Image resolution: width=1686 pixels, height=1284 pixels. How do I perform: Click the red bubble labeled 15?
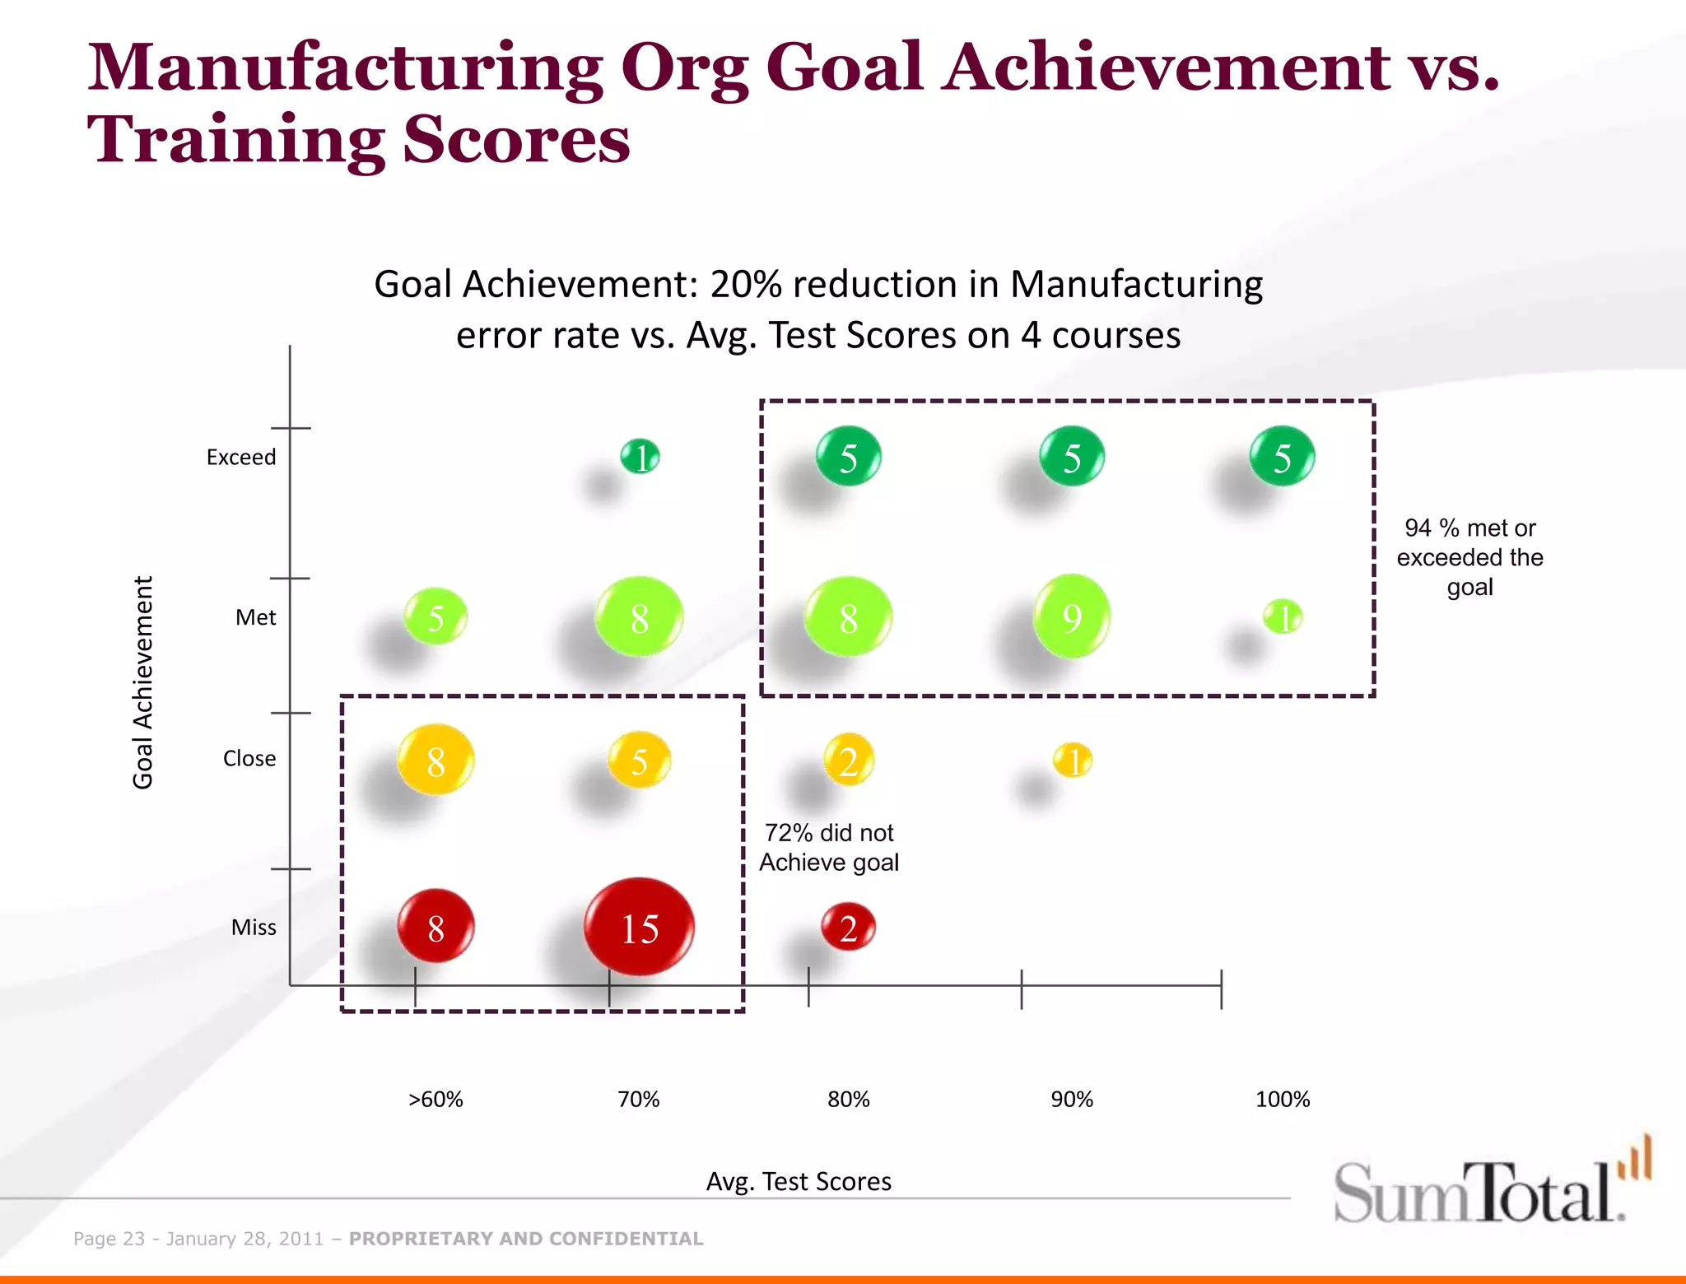[x=640, y=928]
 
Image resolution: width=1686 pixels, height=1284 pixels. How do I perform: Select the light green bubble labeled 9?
[x=1071, y=616]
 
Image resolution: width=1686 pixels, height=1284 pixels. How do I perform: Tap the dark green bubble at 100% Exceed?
[x=1282, y=457]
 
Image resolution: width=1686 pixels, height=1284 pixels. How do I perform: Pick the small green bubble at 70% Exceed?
[x=640, y=457]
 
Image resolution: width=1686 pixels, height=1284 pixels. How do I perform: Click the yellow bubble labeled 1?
[x=1073, y=761]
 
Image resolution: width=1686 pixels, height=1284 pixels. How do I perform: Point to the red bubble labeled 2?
[x=848, y=928]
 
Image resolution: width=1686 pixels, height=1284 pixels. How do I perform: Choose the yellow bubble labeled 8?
[x=435, y=760]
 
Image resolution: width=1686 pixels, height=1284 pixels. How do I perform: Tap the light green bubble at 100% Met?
[x=1283, y=616]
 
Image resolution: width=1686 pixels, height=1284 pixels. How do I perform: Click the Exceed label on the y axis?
[x=241, y=457]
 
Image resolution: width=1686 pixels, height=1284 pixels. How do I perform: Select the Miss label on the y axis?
[x=254, y=928]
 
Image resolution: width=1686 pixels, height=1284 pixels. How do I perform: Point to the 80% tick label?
[x=848, y=1100]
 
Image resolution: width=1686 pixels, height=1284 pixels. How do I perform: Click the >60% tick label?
[x=435, y=1100]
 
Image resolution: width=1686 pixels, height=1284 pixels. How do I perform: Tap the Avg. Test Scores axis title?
[x=799, y=1181]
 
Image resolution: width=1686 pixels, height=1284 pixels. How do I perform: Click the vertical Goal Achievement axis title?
[x=143, y=682]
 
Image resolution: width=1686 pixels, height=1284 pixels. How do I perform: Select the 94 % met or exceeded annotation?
[x=1469, y=557]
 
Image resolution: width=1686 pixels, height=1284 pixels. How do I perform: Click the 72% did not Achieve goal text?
[x=829, y=848]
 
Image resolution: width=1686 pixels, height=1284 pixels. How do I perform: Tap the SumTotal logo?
[x=1490, y=1185]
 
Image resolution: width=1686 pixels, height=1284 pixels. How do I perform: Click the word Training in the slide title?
[x=235, y=140]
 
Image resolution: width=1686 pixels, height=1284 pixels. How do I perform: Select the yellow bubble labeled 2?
[x=848, y=761]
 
